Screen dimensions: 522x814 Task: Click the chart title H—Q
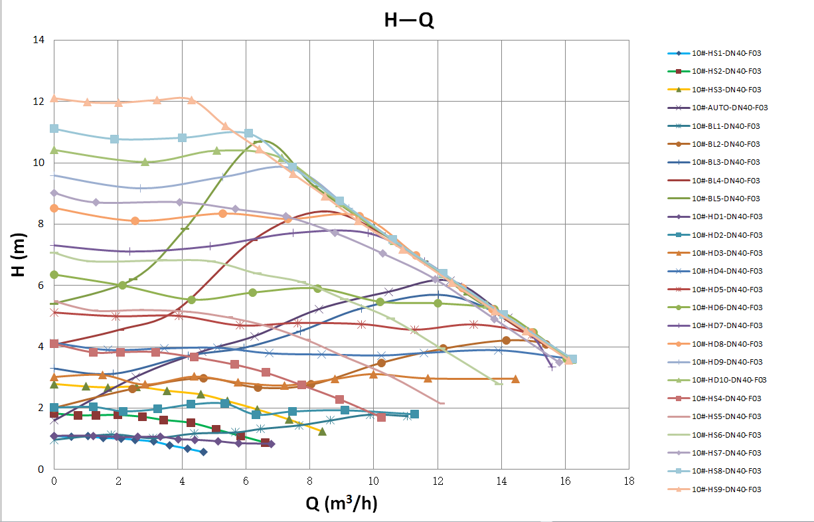pos(409,21)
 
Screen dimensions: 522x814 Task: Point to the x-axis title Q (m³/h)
pos(341,504)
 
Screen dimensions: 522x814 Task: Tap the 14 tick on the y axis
pos(39,40)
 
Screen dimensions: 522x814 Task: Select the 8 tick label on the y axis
pos(42,224)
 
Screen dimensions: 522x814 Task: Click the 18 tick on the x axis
pos(629,481)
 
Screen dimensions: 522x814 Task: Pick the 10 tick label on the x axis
pos(373,481)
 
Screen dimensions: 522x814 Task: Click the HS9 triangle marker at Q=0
pos(54,98)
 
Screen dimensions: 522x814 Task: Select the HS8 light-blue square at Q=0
pos(54,128)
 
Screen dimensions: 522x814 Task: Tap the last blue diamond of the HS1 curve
pos(203,452)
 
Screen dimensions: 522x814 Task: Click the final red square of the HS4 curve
pos(381,417)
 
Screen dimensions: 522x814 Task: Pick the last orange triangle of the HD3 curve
pos(515,379)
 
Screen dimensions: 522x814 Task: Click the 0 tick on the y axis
pos(42,470)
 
